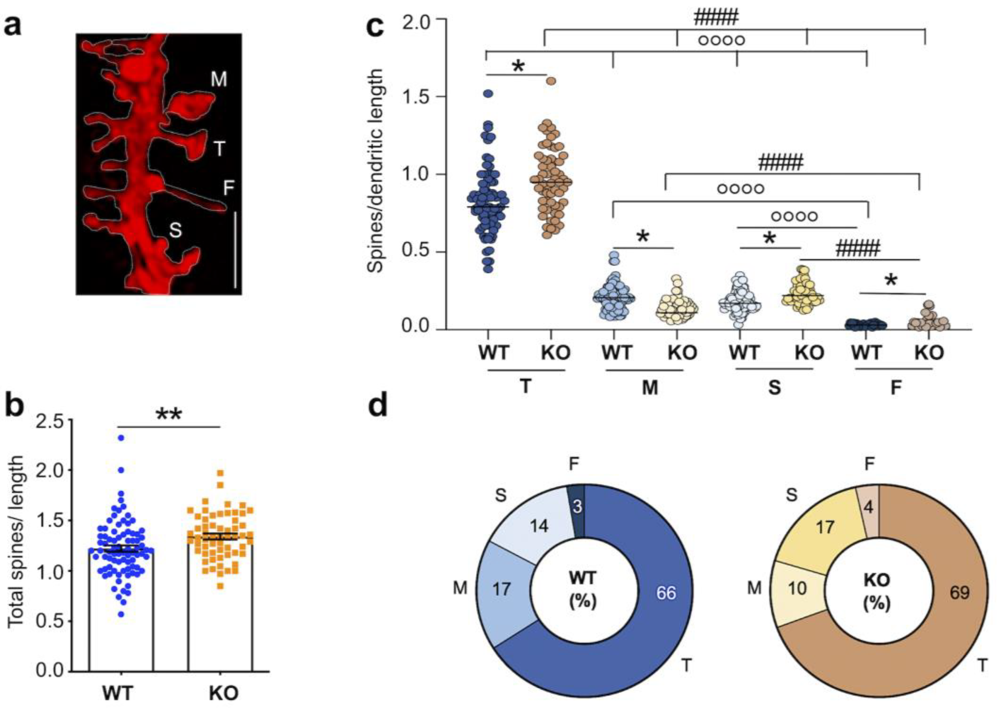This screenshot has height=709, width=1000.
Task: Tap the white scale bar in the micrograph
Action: pos(235,250)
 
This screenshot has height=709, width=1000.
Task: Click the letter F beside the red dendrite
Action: pos(228,188)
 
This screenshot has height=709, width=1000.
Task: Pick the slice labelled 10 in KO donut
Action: pos(797,589)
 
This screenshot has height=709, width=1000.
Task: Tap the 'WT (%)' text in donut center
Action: pos(583,590)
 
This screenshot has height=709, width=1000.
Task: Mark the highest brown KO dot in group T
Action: pos(551,81)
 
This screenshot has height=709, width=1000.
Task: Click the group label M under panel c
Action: pos(650,388)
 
